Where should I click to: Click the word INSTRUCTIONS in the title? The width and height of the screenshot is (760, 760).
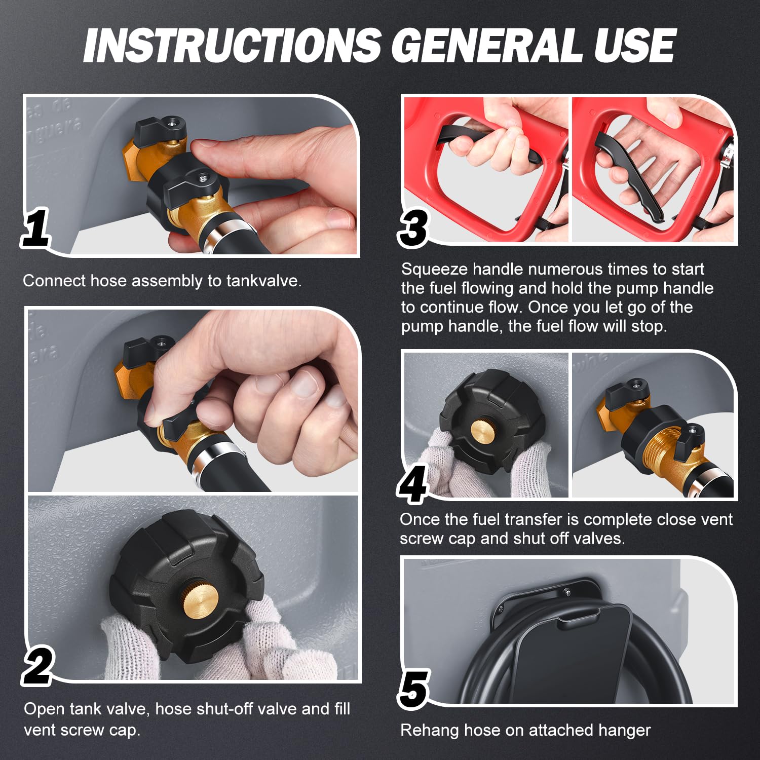point(233,45)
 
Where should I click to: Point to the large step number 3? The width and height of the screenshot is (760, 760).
point(414,227)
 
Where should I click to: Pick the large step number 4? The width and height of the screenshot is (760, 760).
point(412,484)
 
